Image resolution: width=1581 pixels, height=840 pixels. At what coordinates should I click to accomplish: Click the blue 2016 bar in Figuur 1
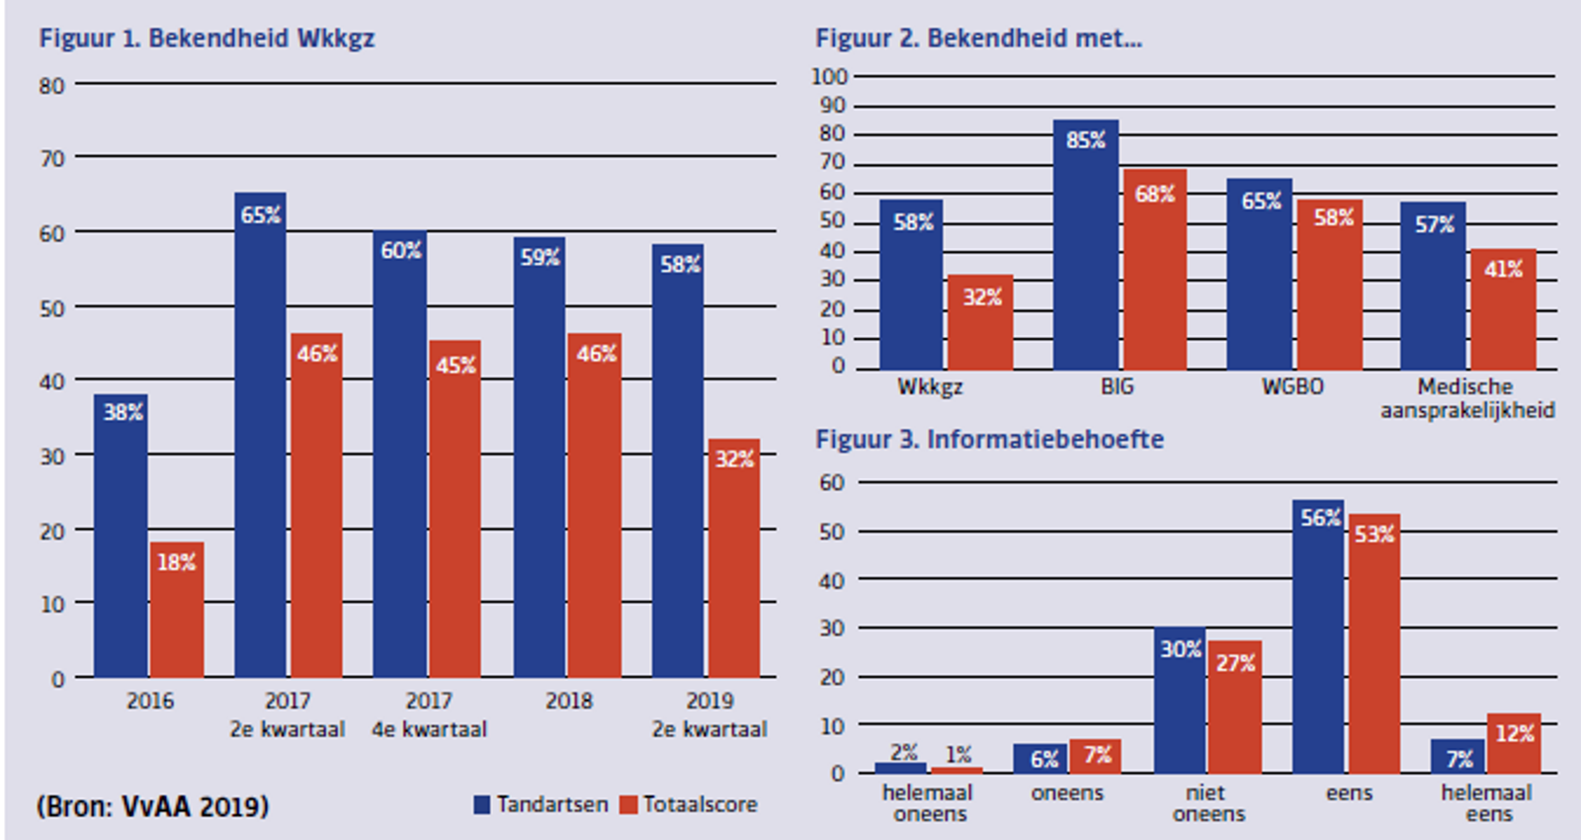pyautogui.click(x=121, y=539)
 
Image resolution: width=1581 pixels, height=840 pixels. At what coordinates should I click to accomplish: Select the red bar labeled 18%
pyautogui.click(x=177, y=613)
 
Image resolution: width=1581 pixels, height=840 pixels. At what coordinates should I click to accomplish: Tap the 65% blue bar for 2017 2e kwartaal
pyautogui.click(x=260, y=435)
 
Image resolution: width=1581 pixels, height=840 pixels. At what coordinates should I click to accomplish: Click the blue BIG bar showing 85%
pyautogui.click(x=1085, y=247)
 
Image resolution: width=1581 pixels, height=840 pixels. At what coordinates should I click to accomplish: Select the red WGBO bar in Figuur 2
pyautogui.click(x=1330, y=287)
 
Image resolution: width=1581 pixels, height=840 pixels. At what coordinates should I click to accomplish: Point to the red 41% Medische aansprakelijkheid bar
pyautogui.click(x=1503, y=311)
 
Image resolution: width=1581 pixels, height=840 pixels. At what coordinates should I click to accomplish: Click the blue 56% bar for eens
pyautogui.click(x=1318, y=637)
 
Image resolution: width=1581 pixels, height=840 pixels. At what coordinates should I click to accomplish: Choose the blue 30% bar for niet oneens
pyautogui.click(x=1180, y=702)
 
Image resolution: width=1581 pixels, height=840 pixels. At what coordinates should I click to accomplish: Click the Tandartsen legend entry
pyautogui.click(x=541, y=804)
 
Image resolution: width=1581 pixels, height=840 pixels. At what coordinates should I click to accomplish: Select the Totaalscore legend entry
pyautogui.click(x=689, y=804)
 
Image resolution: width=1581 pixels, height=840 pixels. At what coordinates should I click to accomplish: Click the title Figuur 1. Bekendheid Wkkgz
pyautogui.click(x=207, y=39)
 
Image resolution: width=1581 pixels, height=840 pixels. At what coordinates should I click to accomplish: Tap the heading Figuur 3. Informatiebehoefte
pyautogui.click(x=989, y=439)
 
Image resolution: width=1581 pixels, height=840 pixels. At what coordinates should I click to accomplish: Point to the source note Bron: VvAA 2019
pyautogui.click(x=153, y=806)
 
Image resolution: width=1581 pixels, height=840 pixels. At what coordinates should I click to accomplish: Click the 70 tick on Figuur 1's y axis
pyautogui.click(x=52, y=158)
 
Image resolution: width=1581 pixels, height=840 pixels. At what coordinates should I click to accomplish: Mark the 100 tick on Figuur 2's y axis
pyautogui.click(x=829, y=76)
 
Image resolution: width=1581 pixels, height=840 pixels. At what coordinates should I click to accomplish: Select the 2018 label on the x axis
pyautogui.click(x=568, y=701)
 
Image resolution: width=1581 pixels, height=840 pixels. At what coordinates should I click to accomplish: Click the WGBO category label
pyautogui.click(x=1291, y=386)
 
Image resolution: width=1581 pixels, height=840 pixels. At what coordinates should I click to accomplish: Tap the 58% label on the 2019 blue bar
pyautogui.click(x=680, y=264)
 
